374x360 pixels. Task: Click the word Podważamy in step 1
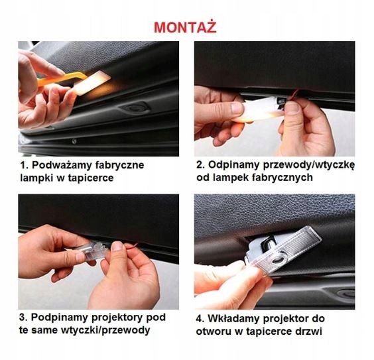(x=60, y=164)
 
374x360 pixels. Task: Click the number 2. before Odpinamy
(x=201, y=164)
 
